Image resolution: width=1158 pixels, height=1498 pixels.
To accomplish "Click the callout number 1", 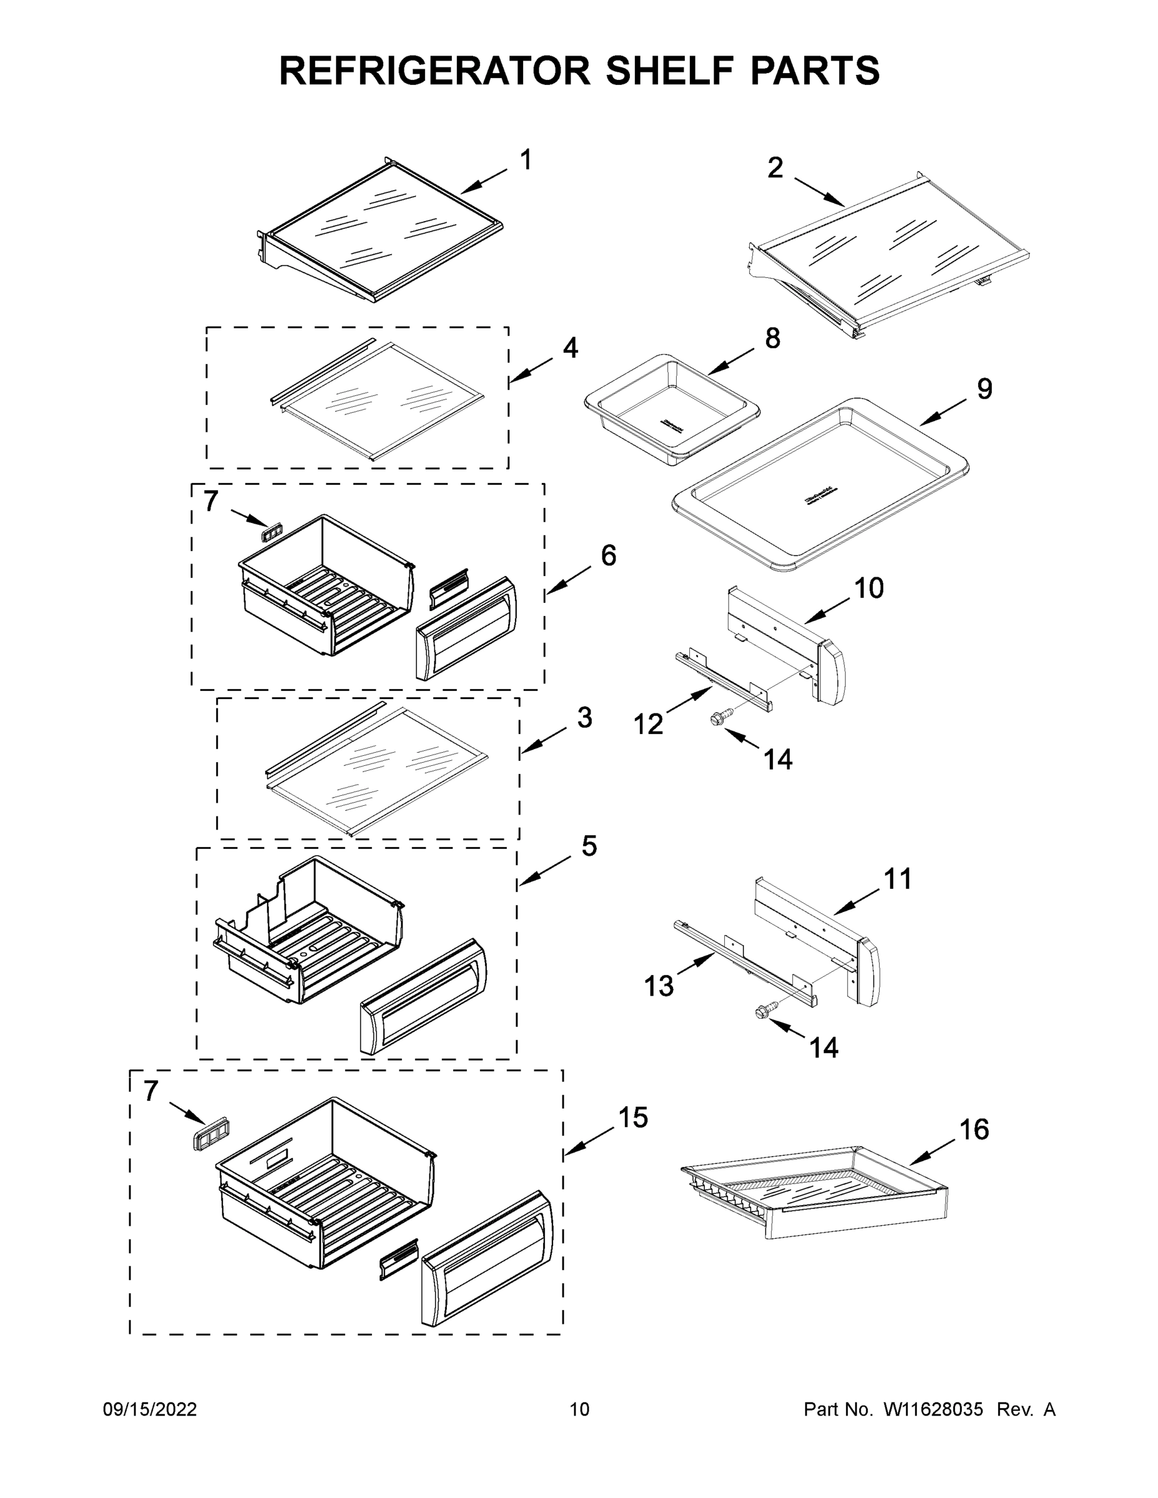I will (526, 160).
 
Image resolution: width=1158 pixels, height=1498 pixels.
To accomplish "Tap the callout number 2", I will (775, 168).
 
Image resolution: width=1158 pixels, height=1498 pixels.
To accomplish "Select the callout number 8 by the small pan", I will (772, 338).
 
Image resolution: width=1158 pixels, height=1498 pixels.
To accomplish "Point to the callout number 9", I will (984, 389).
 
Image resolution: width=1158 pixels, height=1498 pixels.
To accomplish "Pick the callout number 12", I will (648, 723).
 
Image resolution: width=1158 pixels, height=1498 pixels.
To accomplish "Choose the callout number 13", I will (659, 986).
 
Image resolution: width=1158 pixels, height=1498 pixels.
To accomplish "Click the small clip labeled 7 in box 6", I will (273, 532).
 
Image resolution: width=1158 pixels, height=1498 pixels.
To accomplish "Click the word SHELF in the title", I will (667, 71).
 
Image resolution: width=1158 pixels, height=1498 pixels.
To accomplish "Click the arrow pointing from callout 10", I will (827, 609).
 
